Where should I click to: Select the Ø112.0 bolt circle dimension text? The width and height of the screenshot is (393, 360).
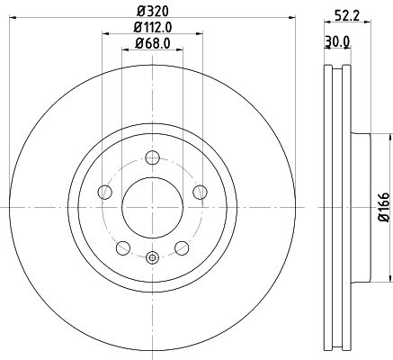pos(151,29)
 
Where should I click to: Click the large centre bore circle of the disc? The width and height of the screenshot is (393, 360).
pos(151,205)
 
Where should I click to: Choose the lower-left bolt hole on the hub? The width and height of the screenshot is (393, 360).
pos(122,246)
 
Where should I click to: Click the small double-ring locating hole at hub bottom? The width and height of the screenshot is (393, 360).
pos(151,259)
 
